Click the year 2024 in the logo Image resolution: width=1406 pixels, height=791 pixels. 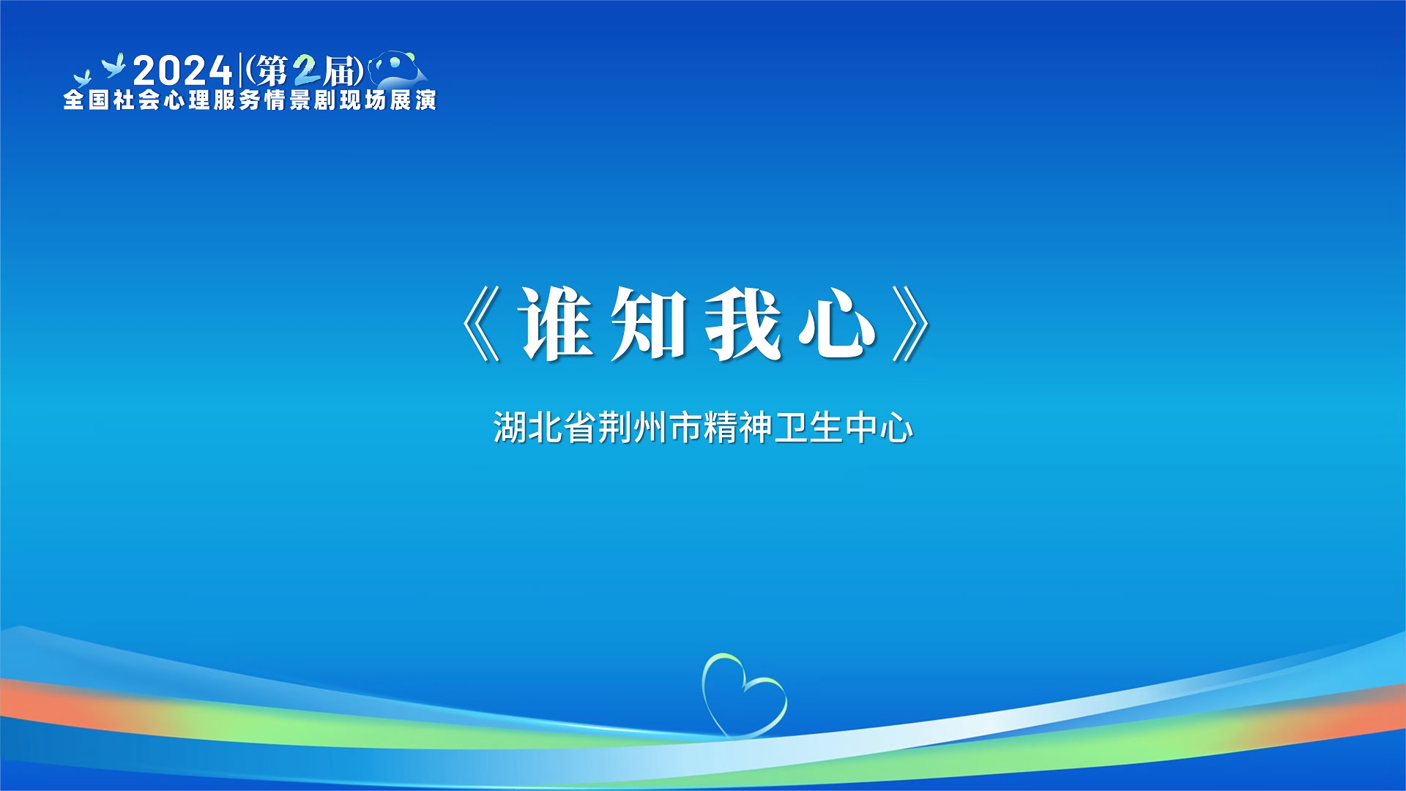tap(183, 71)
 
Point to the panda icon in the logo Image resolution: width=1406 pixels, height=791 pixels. tap(397, 69)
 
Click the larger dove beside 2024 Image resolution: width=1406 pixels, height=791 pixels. tap(114, 66)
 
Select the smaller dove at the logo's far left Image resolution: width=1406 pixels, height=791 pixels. tap(82, 78)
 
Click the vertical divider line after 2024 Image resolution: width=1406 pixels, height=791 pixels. tap(240, 70)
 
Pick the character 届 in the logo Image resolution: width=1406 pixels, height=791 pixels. tap(340, 71)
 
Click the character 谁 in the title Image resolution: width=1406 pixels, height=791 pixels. tap(556, 323)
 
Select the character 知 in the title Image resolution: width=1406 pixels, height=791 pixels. tap(649, 323)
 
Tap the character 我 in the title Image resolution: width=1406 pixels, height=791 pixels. tap(743, 323)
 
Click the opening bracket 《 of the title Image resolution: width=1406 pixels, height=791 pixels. tap(481, 324)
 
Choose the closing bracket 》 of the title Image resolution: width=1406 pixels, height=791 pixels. tap(911, 324)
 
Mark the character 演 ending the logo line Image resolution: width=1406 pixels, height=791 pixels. tap(425, 100)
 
